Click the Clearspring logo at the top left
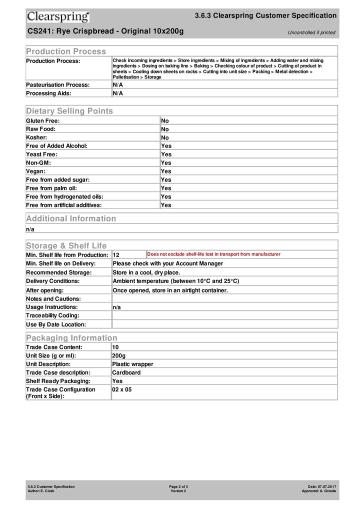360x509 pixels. (x=58, y=16)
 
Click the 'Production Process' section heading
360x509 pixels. (x=66, y=51)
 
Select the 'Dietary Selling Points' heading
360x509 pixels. (x=69, y=110)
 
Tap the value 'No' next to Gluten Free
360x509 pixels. (x=165, y=120)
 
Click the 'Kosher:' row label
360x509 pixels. (x=36, y=137)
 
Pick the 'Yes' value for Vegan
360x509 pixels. (x=166, y=171)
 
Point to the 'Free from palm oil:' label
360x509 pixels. (x=51, y=188)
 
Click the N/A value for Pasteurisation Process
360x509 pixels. (x=118, y=84)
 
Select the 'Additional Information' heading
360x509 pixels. (x=71, y=218)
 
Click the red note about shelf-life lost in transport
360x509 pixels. (x=213, y=254)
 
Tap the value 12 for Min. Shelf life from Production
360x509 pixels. (x=116, y=255)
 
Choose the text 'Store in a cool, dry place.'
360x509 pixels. (x=146, y=272)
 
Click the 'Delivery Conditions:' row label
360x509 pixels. (x=52, y=281)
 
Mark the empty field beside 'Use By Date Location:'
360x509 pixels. (x=224, y=324)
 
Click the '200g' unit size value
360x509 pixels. (x=119, y=355)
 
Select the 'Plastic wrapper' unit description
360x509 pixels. (x=132, y=364)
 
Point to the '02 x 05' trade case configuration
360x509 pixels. (x=122, y=389)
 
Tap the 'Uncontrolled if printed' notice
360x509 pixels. (x=311, y=32)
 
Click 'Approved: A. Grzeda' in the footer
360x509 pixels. (x=318, y=491)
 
